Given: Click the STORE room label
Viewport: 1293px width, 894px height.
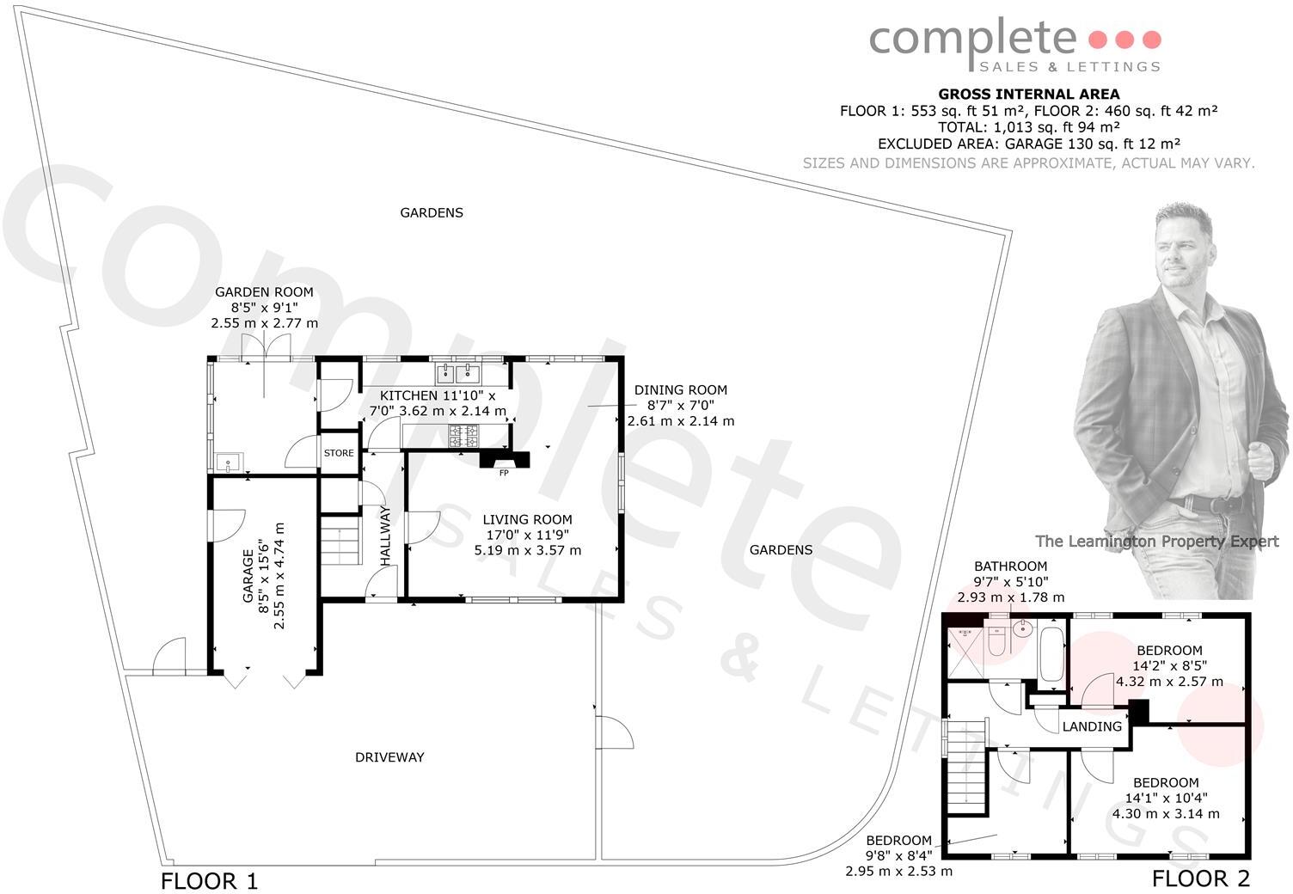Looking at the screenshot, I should (x=339, y=453).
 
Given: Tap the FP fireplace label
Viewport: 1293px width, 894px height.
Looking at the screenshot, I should (x=504, y=473).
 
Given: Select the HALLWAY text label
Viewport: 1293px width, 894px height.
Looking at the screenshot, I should (x=385, y=536).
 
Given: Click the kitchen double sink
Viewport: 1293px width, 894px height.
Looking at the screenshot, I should (x=459, y=372).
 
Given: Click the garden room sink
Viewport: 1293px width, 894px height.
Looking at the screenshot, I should (x=229, y=463).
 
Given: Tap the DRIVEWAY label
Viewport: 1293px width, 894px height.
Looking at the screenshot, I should (x=389, y=757).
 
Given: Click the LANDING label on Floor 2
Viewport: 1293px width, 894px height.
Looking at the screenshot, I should (x=1092, y=726).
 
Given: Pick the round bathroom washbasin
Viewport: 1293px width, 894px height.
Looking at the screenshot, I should (x=1021, y=628).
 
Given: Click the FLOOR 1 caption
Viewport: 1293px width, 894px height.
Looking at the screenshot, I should (x=209, y=881).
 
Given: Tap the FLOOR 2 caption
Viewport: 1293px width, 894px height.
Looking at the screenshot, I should (x=1200, y=879).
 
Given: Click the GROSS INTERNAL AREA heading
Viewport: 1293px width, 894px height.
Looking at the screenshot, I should (x=1028, y=95).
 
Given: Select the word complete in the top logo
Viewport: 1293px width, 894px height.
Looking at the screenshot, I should (x=972, y=39).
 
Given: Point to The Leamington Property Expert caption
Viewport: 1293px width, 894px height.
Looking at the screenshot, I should (x=1156, y=541).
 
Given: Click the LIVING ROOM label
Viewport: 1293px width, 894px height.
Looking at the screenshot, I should (x=527, y=519).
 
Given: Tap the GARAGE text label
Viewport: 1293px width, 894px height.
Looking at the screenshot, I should (x=248, y=578).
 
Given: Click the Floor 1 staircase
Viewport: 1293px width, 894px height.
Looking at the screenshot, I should (x=341, y=539).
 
